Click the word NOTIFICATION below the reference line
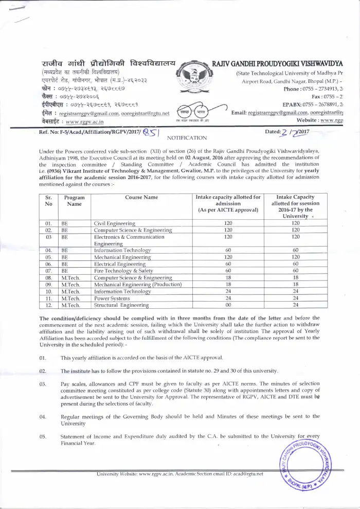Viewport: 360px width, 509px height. click(187, 138)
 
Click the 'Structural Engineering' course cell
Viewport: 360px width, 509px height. click(121, 305)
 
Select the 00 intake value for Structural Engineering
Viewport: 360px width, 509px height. click(228, 305)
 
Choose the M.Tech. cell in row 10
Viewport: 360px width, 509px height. click(70, 291)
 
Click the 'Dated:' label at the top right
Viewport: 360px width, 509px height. click(272, 132)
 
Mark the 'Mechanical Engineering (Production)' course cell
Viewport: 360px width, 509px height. click(137, 284)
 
